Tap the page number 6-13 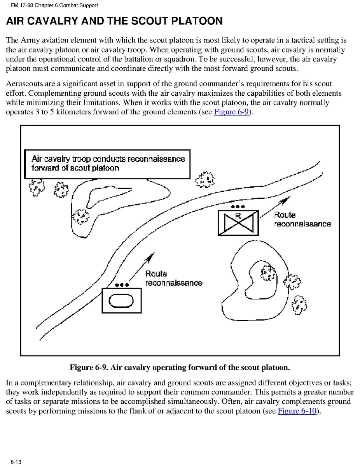pos(16,462)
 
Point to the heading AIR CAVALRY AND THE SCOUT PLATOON pos(114,21)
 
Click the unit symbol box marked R pos(238,223)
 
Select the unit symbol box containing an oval pos(121,300)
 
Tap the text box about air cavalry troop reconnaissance pos(107,164)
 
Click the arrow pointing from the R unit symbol pos(276,206)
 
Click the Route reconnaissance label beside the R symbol pos(302,219)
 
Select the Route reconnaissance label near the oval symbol pos(173,279)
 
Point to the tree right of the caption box pos(204,179)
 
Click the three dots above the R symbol pos(238,206)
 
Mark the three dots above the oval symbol pos(121,284)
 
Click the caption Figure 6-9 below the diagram pos(180,367)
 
